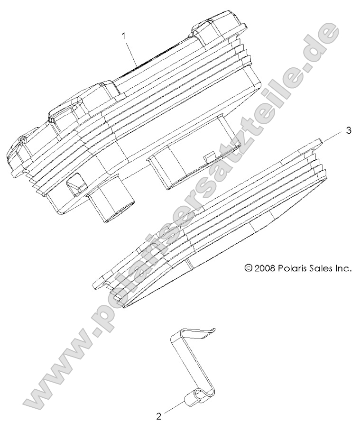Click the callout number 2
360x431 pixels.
point(158,417)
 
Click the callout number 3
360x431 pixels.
point(349,131)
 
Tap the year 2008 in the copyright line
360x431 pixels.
point(268,268)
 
